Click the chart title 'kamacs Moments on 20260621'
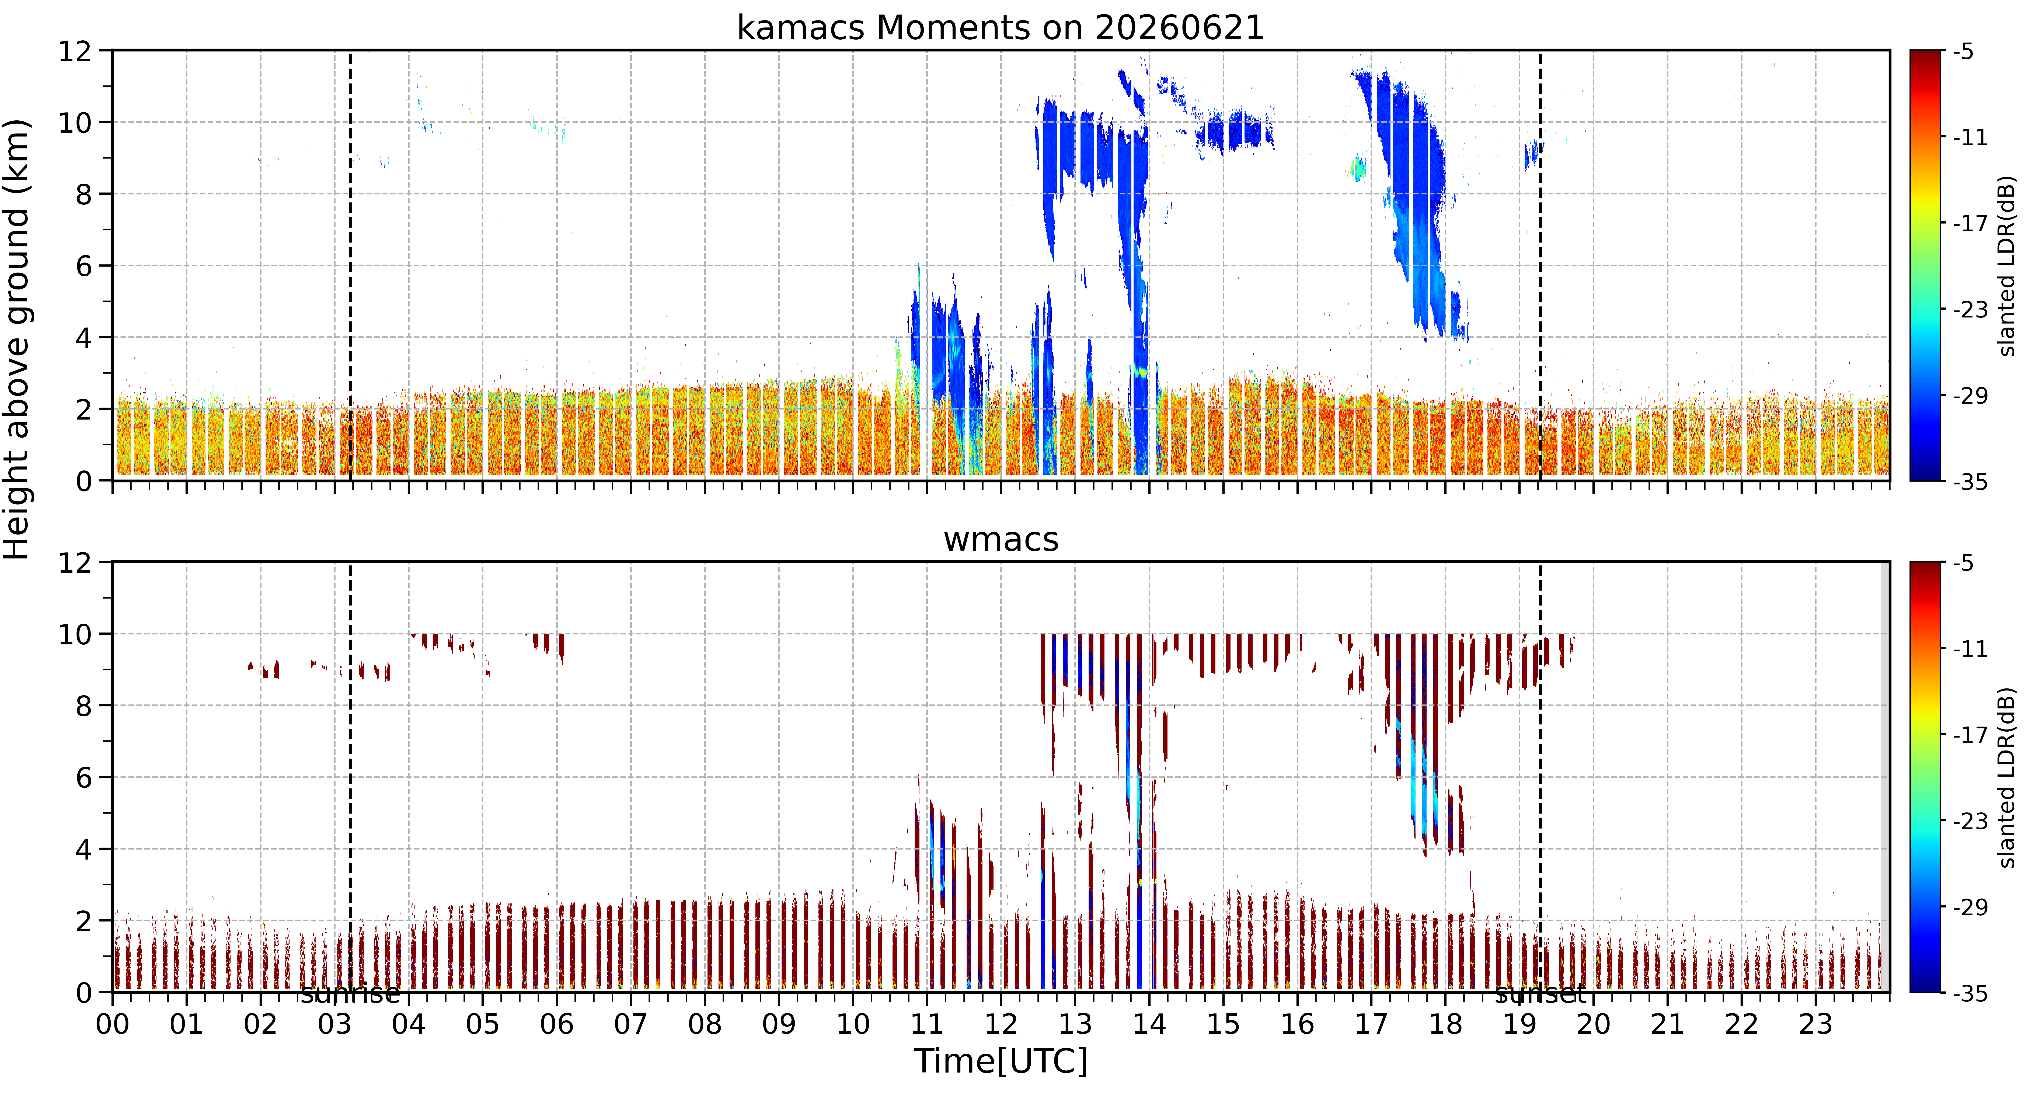[1000, 28]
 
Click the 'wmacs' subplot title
[1001, 540]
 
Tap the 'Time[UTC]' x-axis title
[1000, 1061]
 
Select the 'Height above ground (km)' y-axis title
[17, 339]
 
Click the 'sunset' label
[1540, 994]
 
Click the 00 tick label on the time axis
[113, 1024]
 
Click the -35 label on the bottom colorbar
[1969, 993]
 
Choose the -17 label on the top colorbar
[1969, 224]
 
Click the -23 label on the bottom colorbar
[1969, 821]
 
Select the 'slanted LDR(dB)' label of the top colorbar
[2007, 266]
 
